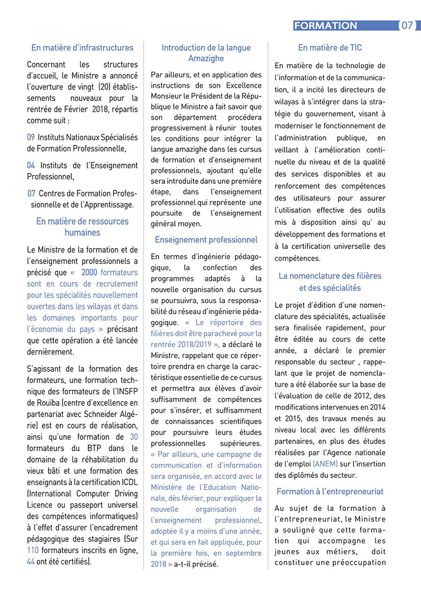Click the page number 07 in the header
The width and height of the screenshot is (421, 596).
408,26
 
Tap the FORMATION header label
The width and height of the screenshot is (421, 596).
326,26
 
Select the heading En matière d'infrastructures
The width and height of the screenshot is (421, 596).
82,48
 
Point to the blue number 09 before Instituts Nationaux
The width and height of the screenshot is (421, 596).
31,137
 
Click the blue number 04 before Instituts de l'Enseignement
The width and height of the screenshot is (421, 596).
31,165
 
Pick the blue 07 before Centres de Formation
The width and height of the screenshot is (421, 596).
32,193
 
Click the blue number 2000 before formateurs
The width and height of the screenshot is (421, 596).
89,272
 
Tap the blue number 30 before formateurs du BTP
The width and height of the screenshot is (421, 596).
133,437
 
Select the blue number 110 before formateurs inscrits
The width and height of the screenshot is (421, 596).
32,550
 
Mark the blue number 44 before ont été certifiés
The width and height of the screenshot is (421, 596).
31,561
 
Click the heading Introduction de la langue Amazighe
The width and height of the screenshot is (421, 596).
206,53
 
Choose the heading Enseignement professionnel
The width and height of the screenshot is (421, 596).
206,240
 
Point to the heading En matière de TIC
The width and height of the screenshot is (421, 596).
330,48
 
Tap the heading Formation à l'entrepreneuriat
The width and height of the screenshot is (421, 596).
330,492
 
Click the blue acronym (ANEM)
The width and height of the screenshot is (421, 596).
325,464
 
